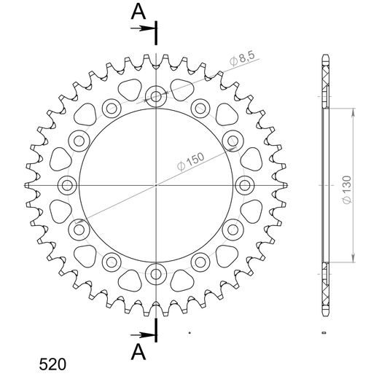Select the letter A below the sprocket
tap(137, 353)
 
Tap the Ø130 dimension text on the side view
tap(349, 185)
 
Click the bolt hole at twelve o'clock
tap(156, 95)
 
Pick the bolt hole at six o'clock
tap(156, 274)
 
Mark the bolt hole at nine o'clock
tap(66, 184)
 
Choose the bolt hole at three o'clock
tap(246, 184)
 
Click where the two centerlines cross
tap(156, 184)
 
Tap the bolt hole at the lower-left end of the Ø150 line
tap(79, 230)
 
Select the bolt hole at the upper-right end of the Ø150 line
tap(234, 140)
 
